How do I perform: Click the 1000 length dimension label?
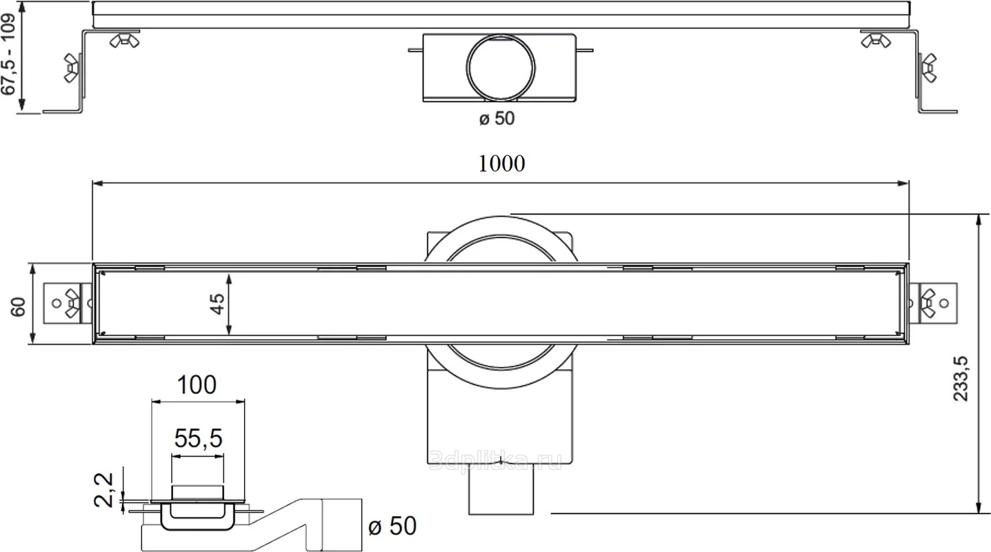[501, 164]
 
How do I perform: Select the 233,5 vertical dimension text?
[960, 379]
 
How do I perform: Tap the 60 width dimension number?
[18, 307]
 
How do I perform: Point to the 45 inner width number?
[217, 304]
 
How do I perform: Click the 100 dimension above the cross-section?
[197, 384]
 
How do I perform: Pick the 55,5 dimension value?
[198, 438]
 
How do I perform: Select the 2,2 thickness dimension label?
[104, 490]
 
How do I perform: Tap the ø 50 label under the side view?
[497, 118]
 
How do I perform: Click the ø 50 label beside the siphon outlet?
[392, 526]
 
